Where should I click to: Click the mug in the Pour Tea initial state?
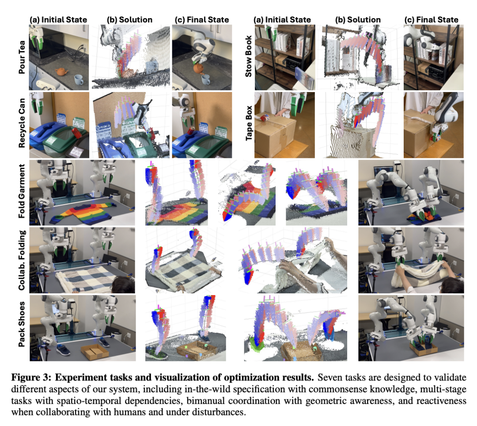pos(79,80)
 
